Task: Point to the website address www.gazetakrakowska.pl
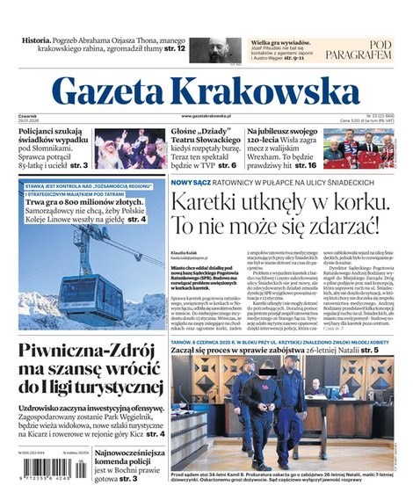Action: [x=206, y=116]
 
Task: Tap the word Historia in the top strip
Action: [x=36, y=40]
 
